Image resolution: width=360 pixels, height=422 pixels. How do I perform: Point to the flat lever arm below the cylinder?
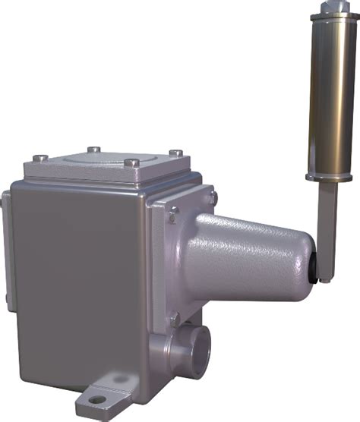pos(325,220)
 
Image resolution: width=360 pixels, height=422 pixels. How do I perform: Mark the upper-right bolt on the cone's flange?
pos(213,197)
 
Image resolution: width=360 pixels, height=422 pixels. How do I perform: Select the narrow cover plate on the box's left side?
pos(6,250)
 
